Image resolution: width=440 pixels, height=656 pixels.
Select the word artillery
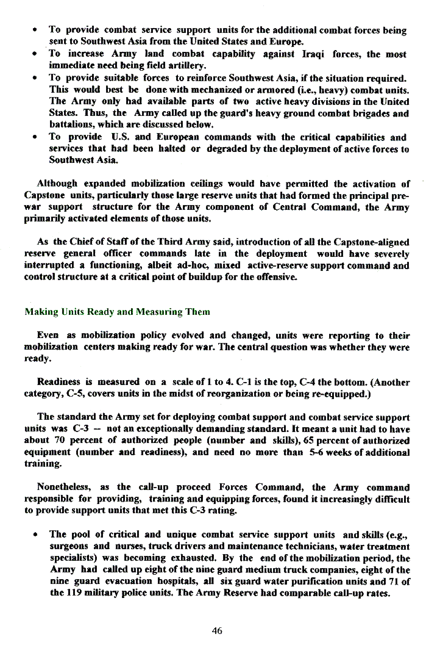[x=186, y=65]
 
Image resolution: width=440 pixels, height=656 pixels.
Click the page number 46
[x=217, y=631]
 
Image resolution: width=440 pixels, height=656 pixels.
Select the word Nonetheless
[x=64, y=487]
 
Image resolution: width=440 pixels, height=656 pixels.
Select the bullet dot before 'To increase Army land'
[x=38, y=54]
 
